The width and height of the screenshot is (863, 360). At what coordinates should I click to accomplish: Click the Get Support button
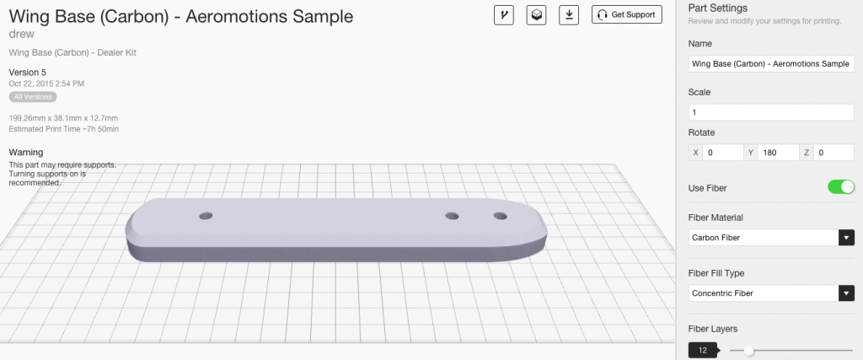coord(627,14)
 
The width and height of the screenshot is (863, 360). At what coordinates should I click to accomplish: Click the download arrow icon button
coord(571,14)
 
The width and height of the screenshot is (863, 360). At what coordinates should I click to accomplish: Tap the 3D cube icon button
coord(535,14)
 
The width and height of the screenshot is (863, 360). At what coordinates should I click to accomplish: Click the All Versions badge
coord(33,97)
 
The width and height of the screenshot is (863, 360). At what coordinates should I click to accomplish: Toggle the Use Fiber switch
coord(840,187)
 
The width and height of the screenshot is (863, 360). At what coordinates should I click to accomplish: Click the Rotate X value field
coord(721,153)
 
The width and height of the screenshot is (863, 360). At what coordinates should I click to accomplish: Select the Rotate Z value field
coord(834,153)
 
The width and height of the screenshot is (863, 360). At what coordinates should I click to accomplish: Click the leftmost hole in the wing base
coord(206,217)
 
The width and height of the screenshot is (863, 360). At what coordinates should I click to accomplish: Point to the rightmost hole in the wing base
coord(501,217)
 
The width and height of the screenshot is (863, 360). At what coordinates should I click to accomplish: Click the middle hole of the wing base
coord(453,217)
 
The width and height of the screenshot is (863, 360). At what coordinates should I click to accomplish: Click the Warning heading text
coord(25,153)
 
